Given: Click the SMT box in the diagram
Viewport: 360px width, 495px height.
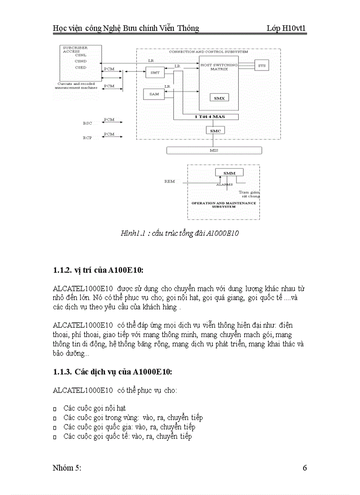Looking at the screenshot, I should (x=155, y=72).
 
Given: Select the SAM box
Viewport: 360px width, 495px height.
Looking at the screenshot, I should (x=154, y=94).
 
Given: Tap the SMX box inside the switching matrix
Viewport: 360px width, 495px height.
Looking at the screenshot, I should (x=219, y=98).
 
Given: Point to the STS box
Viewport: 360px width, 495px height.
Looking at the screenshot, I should (x=262, y=66).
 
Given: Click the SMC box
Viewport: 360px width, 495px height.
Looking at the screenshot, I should (x=215, y=130).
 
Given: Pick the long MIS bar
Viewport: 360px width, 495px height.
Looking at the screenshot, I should (x=214, y=150).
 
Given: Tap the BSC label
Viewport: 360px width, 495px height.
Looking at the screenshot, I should (x=87, y=123).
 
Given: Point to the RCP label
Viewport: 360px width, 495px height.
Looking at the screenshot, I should (x=87, y=138).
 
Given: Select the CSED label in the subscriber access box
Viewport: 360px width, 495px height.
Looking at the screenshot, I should (x=80, y=67).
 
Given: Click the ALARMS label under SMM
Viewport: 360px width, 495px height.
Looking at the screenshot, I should (x=224, y=185).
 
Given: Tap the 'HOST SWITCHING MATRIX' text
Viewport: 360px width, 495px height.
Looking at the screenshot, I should (x=219, y=67).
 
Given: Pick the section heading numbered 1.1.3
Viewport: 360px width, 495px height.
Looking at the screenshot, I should (x=112, y=372).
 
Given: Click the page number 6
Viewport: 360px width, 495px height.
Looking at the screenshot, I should (x=304, y=468).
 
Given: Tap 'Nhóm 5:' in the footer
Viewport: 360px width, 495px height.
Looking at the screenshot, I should (x=67, y=468).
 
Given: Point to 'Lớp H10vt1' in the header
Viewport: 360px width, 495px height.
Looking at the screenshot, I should (x=286, y=29).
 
